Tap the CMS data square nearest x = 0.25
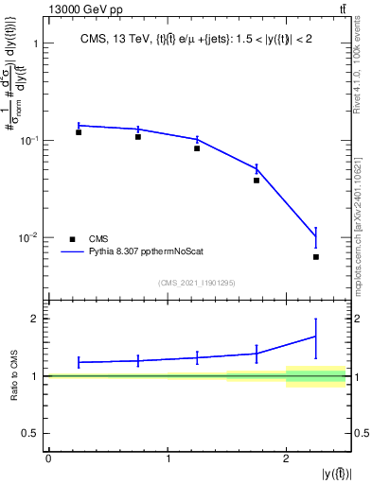point(79,132)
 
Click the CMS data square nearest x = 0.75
point(138,137)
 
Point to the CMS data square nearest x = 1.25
point(197,148)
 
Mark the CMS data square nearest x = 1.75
point(257,181)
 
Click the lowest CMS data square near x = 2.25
point(316,257)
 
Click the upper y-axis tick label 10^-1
point(27,140)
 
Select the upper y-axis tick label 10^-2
point(27,236)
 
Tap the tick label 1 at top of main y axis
point(34,43)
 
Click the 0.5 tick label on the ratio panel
point(30,433)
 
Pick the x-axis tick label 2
point(286,458)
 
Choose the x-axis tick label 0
point(48,458)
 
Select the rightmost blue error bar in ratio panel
point(316,335)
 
